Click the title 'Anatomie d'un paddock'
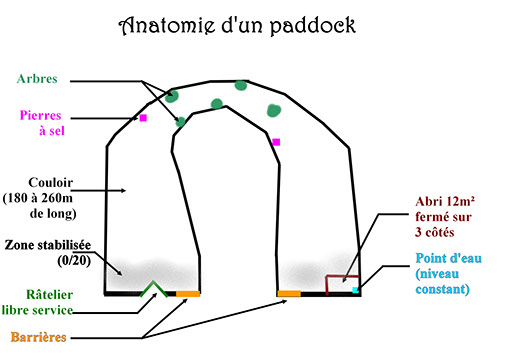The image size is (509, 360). tap(237, 26)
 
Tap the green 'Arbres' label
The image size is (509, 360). tap(37, 79)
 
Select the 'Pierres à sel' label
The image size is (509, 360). tap(42, 123)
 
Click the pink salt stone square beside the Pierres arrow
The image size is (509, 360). tap(143, 118)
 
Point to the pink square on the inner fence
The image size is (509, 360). tap(276, 142)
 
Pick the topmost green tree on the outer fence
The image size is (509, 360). tap(241, 85)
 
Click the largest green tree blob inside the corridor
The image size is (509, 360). tap(274, 111)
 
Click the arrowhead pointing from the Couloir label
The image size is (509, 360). tap(123, 191)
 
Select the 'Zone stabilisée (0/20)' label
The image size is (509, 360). tap(48, 253)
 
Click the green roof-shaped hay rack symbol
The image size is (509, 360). tap(154, 289)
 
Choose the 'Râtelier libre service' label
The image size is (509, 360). tap(37, 303)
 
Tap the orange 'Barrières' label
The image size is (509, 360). tap(39, 337)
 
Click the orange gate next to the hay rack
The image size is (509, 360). tap(188, 294)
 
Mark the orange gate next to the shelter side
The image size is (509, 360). tap(289, 294)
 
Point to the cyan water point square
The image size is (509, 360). tap(356, 290)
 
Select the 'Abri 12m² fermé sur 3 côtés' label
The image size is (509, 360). tap(445, 217)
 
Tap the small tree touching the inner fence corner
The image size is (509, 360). tap(180, 122)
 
